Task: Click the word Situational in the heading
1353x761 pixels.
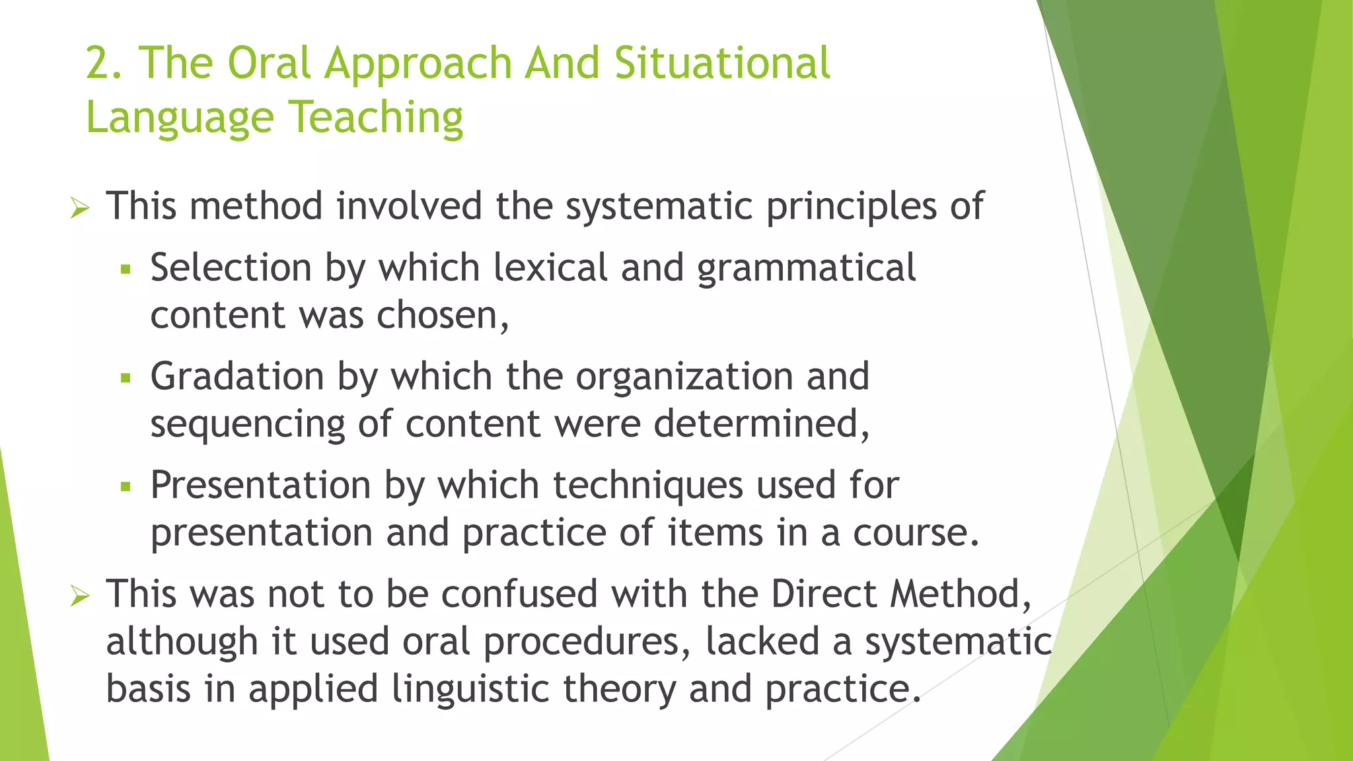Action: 722,64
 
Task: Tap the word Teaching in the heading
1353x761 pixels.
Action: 376,118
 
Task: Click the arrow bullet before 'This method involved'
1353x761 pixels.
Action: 80,209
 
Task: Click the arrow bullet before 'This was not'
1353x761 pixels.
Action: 80,597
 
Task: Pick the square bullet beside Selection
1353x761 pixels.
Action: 126,270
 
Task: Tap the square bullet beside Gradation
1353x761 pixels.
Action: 126,379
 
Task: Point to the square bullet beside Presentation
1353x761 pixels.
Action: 126,488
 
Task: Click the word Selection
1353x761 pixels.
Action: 231,268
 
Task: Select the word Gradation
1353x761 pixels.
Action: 237,377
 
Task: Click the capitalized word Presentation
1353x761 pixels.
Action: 260,486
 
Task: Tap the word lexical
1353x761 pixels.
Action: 550,268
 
